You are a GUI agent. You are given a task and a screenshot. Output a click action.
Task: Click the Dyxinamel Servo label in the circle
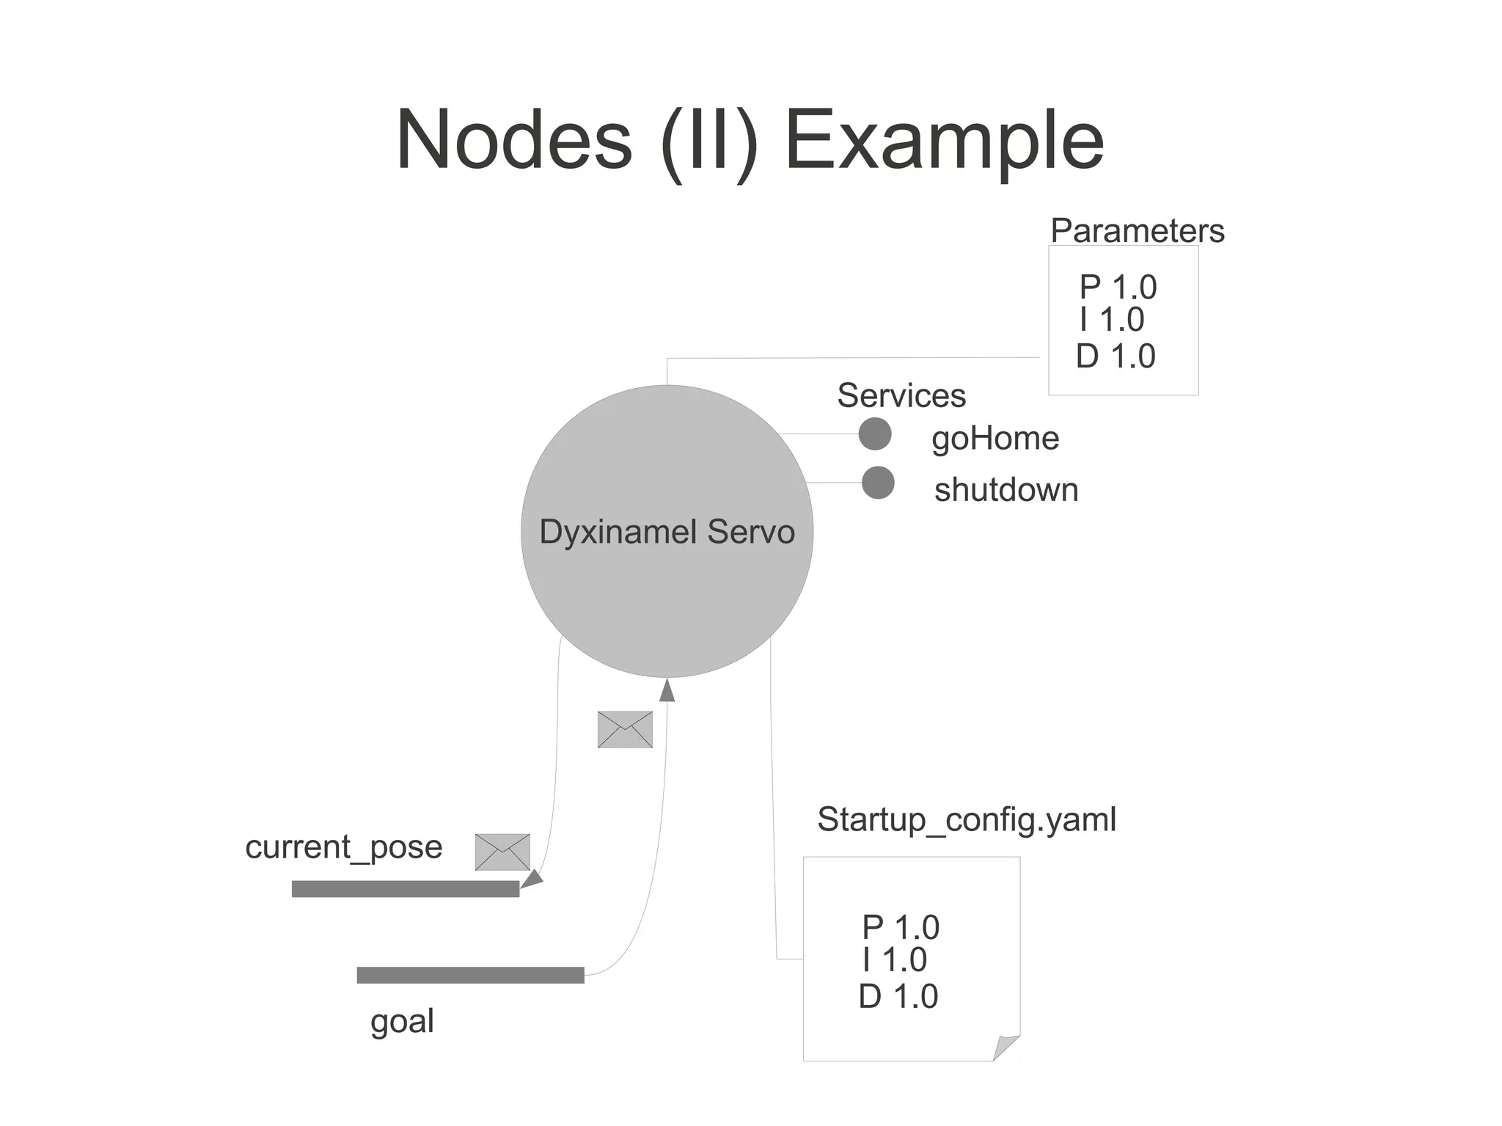pos(667,532)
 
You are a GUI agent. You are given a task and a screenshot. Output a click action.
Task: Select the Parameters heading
pos(1137,231)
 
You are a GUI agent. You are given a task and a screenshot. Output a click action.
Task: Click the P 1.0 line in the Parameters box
pos(1118,287)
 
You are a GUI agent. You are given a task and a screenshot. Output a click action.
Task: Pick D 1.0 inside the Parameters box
pos(1115,357)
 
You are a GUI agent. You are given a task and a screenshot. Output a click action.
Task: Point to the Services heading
pos(901,395)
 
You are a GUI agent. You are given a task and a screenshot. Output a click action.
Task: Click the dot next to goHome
pos(875,434)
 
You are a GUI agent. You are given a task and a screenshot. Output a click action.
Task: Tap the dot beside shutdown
pos(878,483)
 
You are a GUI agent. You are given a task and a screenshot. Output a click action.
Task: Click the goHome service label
pos(995,439)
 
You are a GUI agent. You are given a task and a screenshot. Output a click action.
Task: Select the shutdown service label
pos(1006,490)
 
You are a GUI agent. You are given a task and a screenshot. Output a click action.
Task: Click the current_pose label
pos(343,847)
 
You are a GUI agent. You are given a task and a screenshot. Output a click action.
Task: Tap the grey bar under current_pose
pos(405,889)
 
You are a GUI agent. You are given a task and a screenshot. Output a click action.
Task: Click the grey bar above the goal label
pos(470,975)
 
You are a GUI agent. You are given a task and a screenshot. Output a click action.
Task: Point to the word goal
pos(402,1021)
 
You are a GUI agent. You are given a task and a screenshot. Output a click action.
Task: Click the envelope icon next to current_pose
pos(502,852)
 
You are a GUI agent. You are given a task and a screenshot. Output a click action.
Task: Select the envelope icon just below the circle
pos(625,730)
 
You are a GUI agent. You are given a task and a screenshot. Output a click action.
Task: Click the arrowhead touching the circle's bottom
pos(667,690)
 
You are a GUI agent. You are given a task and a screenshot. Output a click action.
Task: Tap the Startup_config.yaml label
pos(967,819)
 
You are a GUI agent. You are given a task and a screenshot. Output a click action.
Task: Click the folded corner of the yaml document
pos(1007,1047)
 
